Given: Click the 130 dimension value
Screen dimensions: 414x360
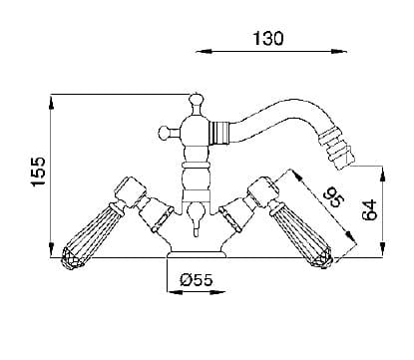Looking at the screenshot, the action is [x=268, y=38].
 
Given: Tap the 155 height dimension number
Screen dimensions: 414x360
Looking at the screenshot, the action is [x=37, y=172].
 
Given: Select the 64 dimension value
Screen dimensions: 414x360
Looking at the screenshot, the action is [x=370, y=209].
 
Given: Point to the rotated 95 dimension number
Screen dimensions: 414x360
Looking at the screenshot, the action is [x=334, y=196].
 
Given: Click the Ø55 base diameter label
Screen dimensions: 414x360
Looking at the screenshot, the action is [x=197, y=280].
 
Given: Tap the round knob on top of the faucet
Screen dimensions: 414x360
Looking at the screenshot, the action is [x=196, y=100].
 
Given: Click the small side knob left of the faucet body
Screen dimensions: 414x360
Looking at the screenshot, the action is [x=165, y=133].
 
